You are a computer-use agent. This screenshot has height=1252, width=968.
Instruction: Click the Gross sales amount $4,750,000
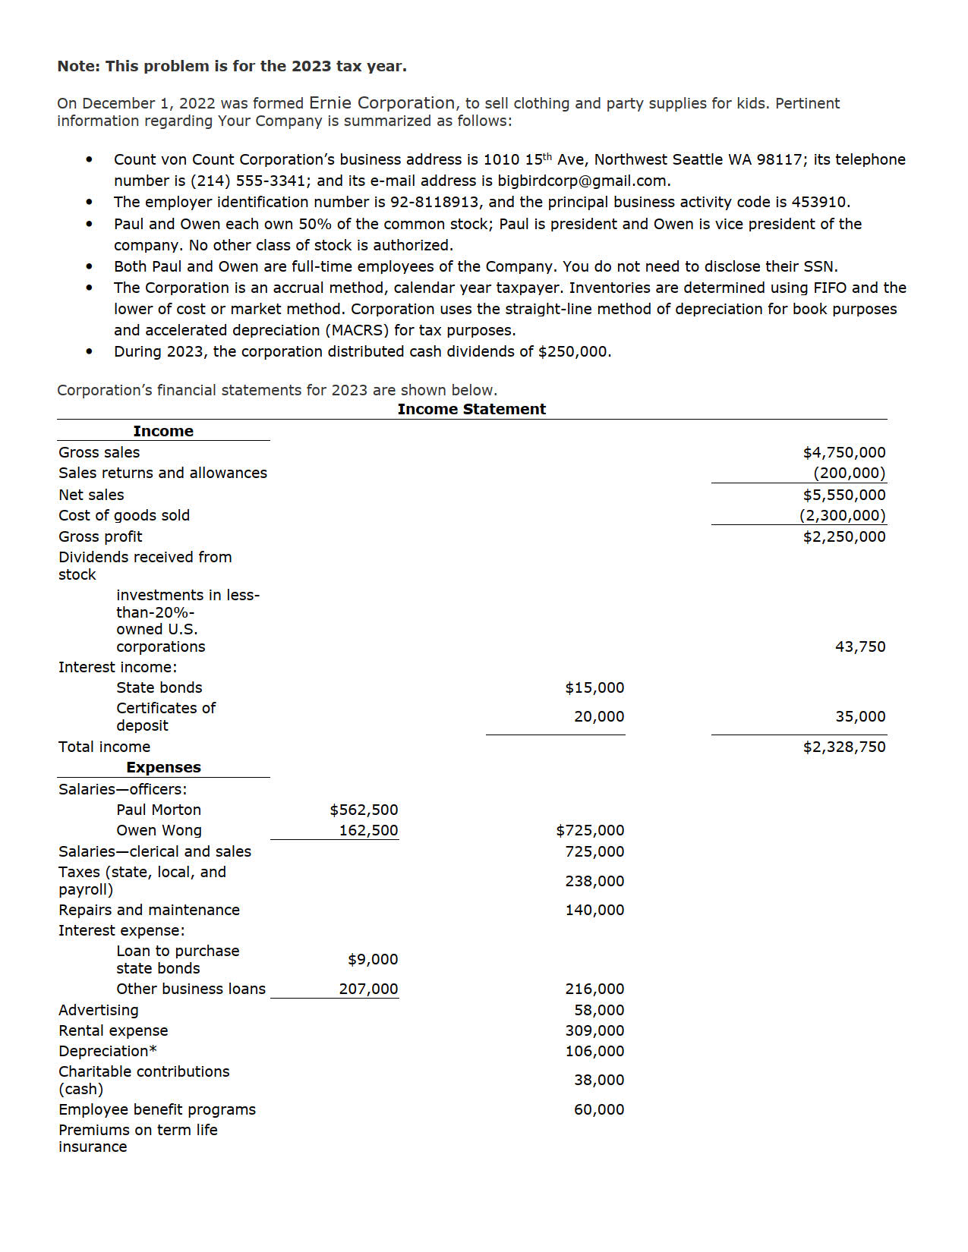pos(843,452)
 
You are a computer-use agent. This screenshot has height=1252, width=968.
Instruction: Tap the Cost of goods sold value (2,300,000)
pos(842,515)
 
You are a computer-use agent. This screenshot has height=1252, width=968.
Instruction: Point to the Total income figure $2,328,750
pos(843,747)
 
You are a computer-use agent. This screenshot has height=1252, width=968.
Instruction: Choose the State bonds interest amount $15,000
pos(594,687)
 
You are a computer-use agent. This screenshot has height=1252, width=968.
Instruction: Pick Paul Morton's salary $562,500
pos(364,810)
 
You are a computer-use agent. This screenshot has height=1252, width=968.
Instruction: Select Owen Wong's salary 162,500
pos(368,830)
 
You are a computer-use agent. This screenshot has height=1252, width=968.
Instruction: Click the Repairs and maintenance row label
pos(149,910)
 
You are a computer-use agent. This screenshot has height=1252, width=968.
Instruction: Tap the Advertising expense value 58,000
pos(599,1010)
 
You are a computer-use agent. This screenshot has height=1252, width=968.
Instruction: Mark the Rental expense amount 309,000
pos(594,1030)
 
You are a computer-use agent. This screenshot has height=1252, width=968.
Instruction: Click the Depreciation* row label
pos(108,1051)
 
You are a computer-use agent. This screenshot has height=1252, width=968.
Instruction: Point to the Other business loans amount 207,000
pos(368,989)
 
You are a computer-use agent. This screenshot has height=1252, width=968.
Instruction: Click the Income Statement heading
pos(471,409)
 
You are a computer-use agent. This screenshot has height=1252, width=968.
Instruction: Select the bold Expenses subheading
pos(163,767)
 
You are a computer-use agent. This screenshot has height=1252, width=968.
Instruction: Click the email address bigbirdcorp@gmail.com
pos(582,181)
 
